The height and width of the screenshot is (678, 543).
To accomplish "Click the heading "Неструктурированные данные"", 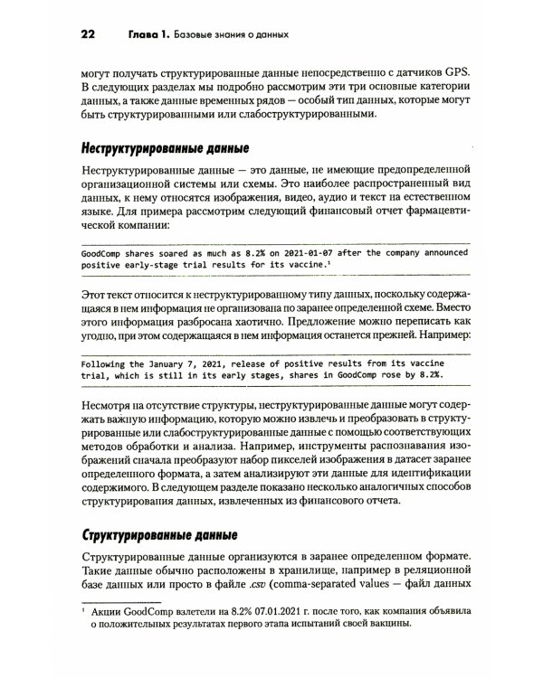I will [x=165, y=148].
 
